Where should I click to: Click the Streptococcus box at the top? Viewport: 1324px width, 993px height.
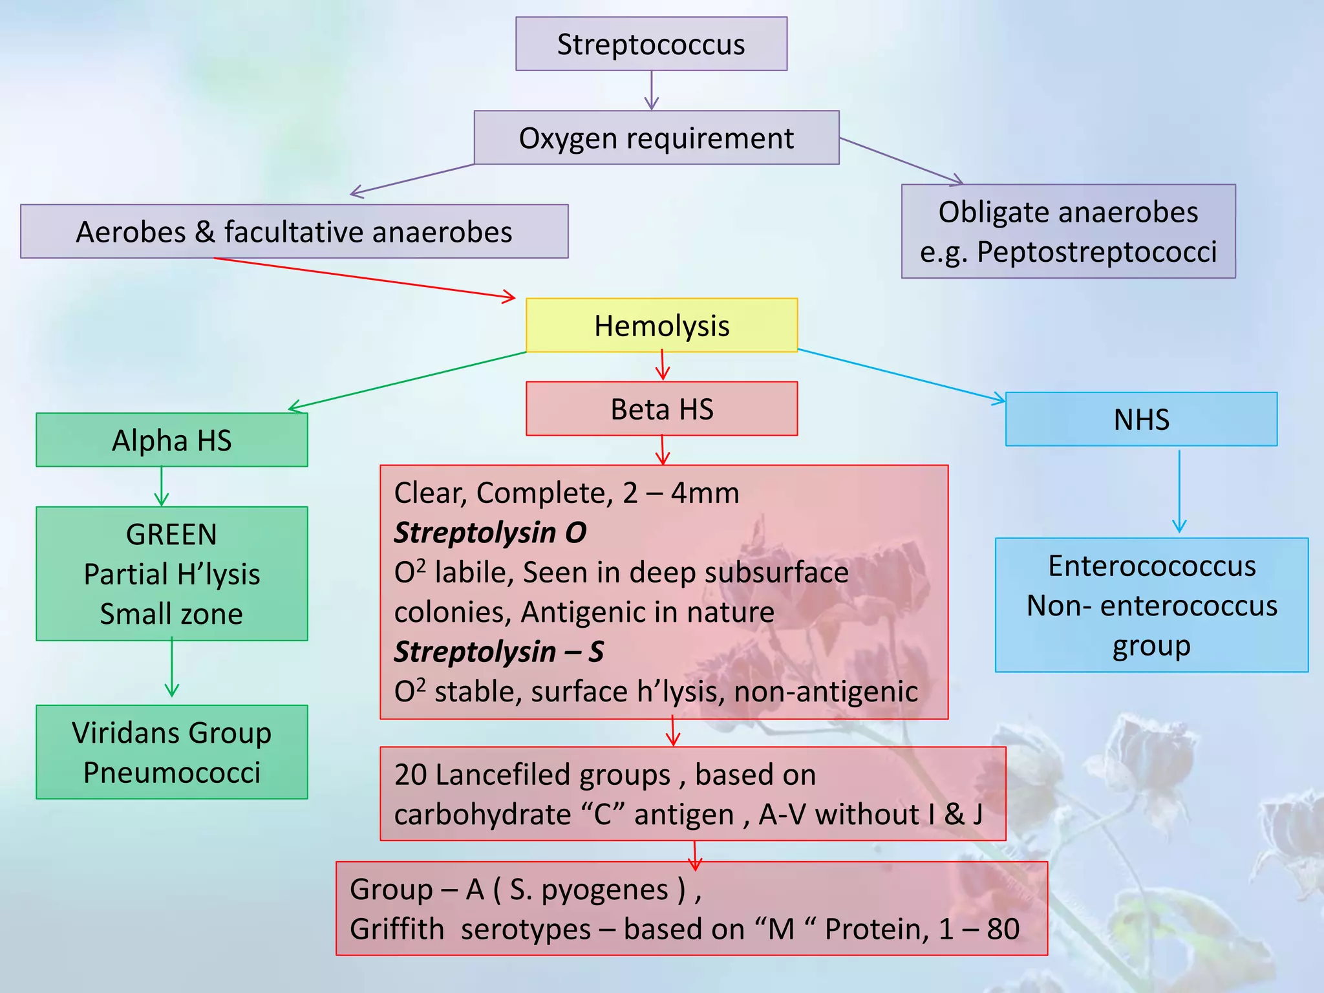(651, 44)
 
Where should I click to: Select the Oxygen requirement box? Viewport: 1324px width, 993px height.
(656, 138)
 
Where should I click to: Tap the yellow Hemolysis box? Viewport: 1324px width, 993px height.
(661, 325)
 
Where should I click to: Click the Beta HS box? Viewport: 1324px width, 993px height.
(661, 409)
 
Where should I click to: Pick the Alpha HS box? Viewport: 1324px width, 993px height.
(171, 440)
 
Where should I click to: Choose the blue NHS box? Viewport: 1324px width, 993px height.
(1141, 420)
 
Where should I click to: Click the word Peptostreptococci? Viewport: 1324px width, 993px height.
(1096, 252)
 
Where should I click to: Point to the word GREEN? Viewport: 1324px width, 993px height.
(171, 535)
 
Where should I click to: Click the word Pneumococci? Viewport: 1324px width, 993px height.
(171, 773)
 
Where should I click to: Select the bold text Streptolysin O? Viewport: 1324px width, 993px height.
(490, 533)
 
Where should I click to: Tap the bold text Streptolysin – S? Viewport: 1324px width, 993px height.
(498, 652)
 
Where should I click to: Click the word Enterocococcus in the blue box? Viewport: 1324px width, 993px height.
(1151, 566)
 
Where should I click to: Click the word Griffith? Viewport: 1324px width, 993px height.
(397, 929)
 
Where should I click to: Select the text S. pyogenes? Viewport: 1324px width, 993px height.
(588, 890)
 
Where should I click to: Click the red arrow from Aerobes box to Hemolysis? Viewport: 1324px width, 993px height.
(365, 278)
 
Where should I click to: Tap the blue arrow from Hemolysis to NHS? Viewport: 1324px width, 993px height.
(902, 375)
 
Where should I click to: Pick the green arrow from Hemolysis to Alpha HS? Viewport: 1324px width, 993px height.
(407, 380)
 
